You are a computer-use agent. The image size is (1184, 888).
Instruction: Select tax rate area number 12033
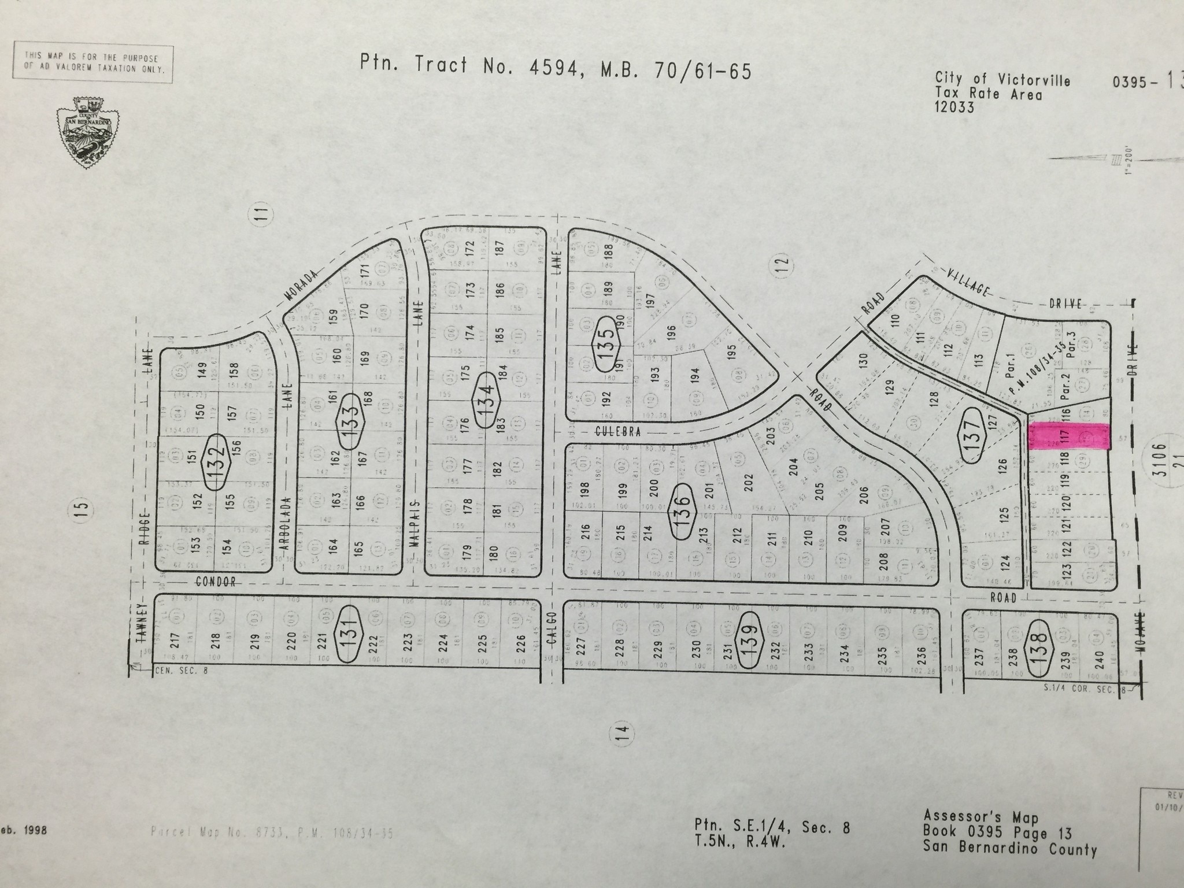[954, 107]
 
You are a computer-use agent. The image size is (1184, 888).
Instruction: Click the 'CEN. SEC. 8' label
[181, 672]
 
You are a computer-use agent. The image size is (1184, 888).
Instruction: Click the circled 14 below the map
[621, 735]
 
